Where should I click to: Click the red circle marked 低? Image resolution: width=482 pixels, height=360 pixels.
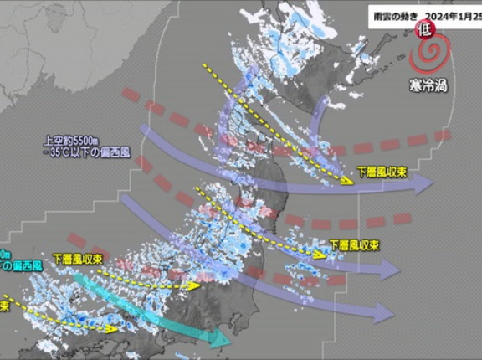[424, 30]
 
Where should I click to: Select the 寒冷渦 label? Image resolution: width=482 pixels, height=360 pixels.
[428, 85]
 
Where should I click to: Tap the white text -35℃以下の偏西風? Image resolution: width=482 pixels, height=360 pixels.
[87, 153]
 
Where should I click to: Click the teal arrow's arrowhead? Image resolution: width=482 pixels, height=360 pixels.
[223, 340]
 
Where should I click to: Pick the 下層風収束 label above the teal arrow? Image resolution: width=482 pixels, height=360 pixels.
[76, 259]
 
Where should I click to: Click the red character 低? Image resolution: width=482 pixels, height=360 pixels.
[424, 30]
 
